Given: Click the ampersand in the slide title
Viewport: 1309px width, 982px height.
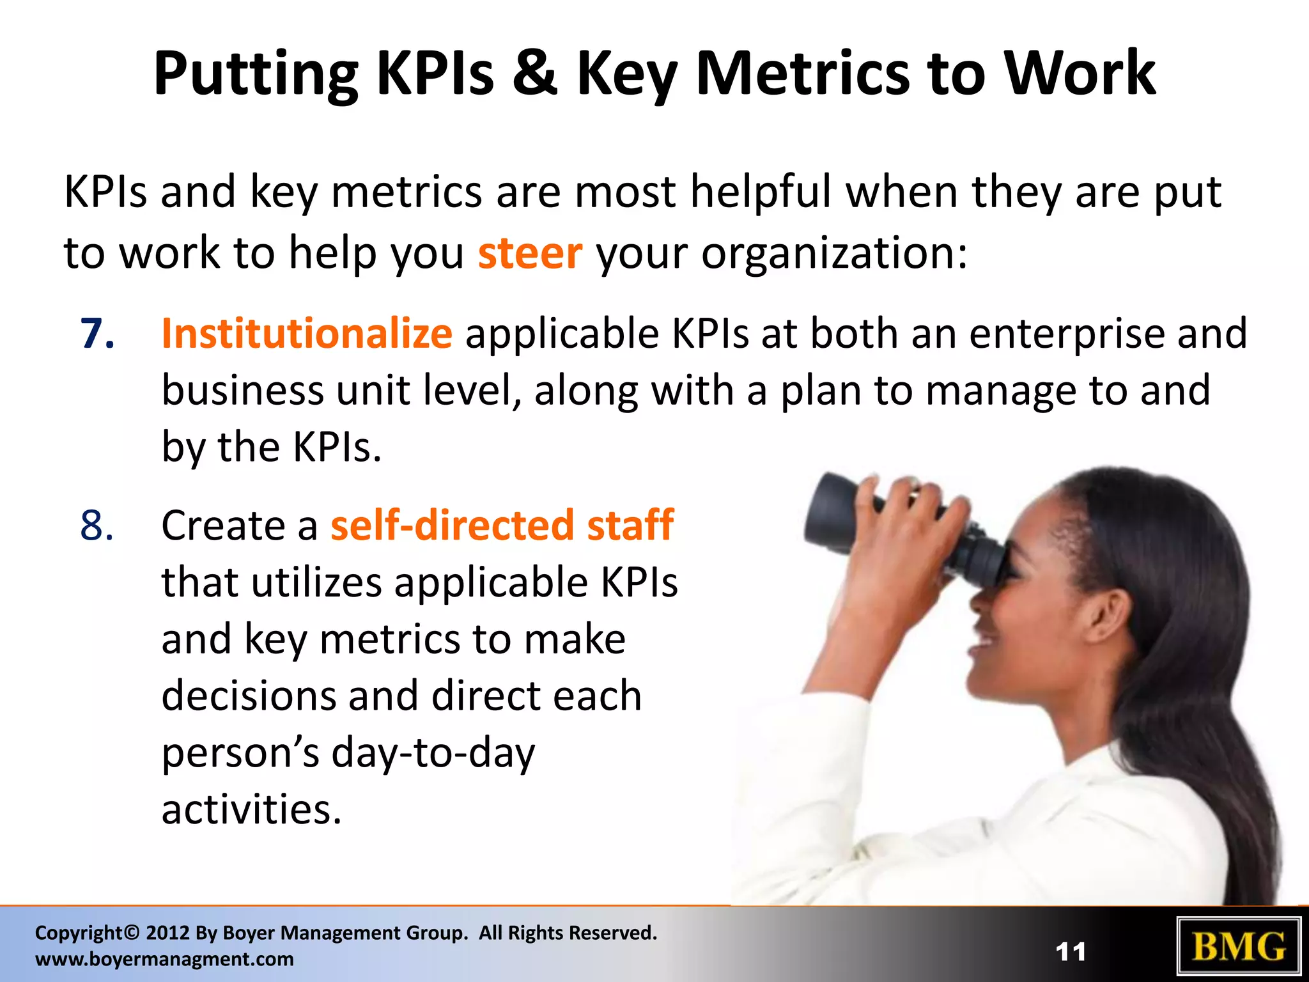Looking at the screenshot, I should (534, 74).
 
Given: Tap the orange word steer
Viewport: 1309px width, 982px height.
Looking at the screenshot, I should (530, 253).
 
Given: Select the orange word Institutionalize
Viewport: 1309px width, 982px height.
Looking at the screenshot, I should (307, 334).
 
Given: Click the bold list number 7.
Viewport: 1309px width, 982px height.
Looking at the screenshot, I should (97, 334).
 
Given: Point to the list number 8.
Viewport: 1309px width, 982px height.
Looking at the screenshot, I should (97, 526).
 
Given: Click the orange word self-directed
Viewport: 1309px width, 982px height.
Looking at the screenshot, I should (452, 526).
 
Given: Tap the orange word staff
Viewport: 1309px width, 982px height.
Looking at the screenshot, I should (630, 526).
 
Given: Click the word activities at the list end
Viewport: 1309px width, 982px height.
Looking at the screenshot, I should (251, 809).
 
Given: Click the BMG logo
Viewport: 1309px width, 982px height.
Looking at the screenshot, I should (1239, 947).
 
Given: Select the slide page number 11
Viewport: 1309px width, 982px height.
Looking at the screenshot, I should (1071, 952).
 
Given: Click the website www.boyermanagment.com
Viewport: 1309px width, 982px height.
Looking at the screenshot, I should (164, 959).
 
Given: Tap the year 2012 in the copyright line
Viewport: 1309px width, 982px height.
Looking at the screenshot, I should (168, 933).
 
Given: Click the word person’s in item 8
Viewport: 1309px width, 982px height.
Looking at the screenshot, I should (240, 753).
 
